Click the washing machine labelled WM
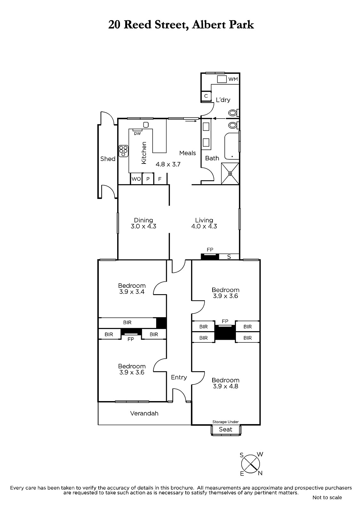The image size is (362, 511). tap(221, 79)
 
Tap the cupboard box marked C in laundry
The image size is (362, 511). tap(206, 96)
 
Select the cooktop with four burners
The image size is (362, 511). tap(124, 151)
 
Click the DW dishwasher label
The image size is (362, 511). tap(137, 133)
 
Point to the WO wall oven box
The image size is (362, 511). tap(136, 179)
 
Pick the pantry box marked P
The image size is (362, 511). tap(148, 179)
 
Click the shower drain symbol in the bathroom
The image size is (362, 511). tap(230, 174)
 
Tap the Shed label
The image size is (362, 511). tap(108, 159)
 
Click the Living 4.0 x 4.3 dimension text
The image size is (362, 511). tap(204, 226)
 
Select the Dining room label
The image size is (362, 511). tap(143, 220)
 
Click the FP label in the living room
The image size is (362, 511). tap(210, 249)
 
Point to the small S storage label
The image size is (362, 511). tap(229, 257)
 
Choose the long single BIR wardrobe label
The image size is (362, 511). tap(127, 322)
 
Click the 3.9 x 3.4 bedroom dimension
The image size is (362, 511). tap(132, 292)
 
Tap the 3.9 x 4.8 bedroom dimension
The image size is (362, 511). tap(225, 386)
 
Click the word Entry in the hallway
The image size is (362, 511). tap(179, 377)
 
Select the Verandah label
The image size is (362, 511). tap(144, 413)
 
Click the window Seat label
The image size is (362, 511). tap(225, 429)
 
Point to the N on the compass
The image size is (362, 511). tap(260, 473)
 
